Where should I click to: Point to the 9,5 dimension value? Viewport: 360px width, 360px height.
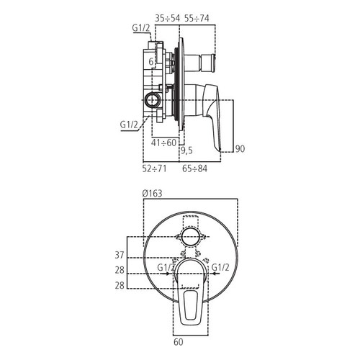click(x=187, y=150)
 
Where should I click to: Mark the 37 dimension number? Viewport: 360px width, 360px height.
click(x=120, y=255)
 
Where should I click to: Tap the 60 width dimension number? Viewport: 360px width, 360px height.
click(x=179, y=343)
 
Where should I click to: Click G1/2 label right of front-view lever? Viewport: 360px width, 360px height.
click(x=220, y=269)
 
